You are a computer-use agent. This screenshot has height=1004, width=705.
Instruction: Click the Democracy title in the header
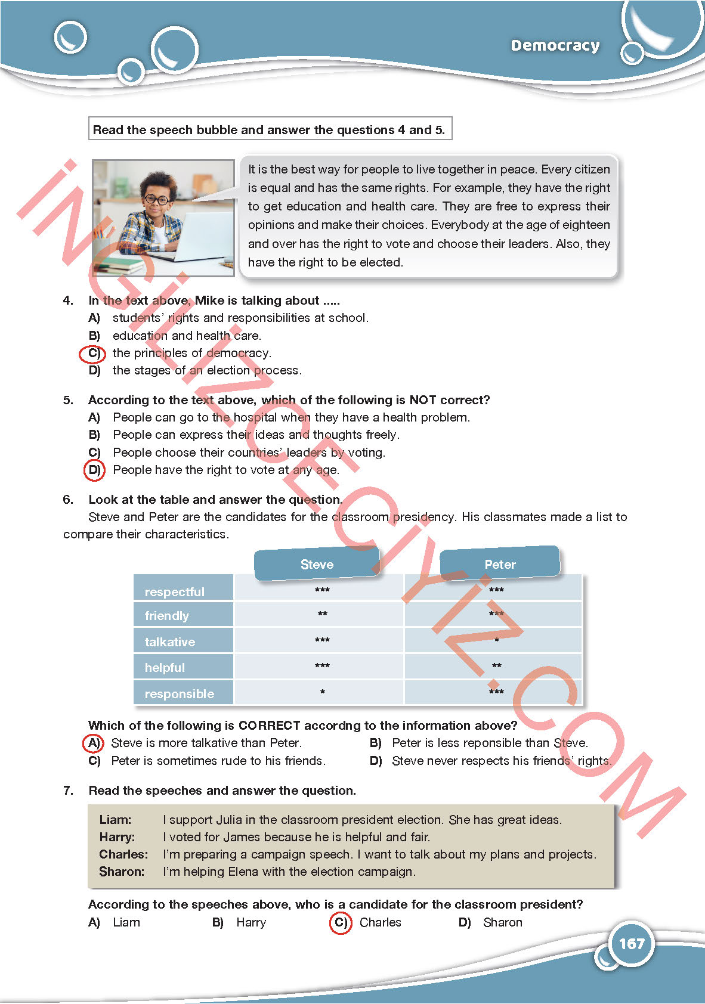coord(555,45)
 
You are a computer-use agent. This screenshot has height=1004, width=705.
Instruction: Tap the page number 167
coord(632,943)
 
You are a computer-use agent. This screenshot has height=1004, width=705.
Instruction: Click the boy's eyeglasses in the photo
coord(156,199)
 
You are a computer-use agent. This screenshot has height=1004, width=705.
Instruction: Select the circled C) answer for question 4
coord(92,354)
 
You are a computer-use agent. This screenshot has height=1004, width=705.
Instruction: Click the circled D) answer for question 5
coord(94,470)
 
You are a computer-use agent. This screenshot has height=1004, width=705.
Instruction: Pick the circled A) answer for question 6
coord(93,743)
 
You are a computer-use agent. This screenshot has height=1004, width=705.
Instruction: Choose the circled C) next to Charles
coord(341,922)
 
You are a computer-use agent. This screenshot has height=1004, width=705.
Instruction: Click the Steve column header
coord(317,564)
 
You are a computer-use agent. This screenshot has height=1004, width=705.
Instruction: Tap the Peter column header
coord(500,564)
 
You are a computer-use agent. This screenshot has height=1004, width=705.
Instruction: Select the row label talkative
coord(170,642)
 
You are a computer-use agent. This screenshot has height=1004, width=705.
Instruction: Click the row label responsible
coord(179,693)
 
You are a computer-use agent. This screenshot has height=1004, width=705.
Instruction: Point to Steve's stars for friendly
coord(322,614)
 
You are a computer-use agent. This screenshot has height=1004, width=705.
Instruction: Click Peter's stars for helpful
coord(496,666)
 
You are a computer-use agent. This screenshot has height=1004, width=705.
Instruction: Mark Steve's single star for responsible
coord(322,692)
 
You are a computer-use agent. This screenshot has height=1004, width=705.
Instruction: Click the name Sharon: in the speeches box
coord(122,872)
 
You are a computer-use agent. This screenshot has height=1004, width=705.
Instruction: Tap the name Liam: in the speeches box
coord(115,820)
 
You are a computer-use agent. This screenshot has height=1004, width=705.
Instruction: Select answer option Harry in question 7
coord(251,922)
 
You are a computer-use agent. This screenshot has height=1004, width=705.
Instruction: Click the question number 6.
coord(68,500)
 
